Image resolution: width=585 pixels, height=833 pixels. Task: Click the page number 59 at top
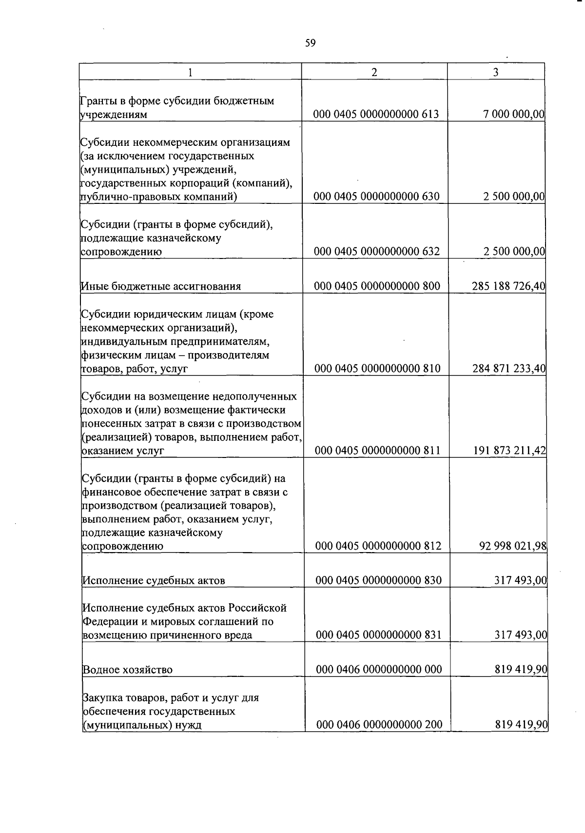point(310,43)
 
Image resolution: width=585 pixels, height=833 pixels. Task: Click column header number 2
point(374,72)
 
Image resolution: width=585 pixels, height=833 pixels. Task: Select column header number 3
point(495,72)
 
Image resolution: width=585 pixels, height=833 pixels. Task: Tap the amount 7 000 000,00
point(514,115)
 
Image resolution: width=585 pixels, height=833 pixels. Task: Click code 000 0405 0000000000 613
point(376,115)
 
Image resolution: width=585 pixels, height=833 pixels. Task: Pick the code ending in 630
point(376,197)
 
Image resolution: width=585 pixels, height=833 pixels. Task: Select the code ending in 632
point(376,252)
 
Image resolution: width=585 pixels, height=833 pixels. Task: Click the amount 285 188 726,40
point(508,286)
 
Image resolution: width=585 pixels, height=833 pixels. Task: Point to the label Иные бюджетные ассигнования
point(161,286)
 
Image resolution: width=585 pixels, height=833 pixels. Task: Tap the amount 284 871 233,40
point(508,368)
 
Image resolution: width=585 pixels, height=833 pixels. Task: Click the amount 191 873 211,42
point(509,451)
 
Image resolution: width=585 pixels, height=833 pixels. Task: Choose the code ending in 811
point(377,451)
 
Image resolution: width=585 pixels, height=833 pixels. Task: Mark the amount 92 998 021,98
point(513,546)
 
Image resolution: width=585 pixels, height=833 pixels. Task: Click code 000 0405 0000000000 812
point(378,546)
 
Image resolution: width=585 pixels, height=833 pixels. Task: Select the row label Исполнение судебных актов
point(154,581)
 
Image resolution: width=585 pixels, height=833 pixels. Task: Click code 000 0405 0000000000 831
point(378,635)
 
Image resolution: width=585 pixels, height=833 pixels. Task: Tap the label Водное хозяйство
point(127,670)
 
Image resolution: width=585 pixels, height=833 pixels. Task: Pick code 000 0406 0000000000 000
point(379,670)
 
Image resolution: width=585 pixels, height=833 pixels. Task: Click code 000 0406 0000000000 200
point(379,725)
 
